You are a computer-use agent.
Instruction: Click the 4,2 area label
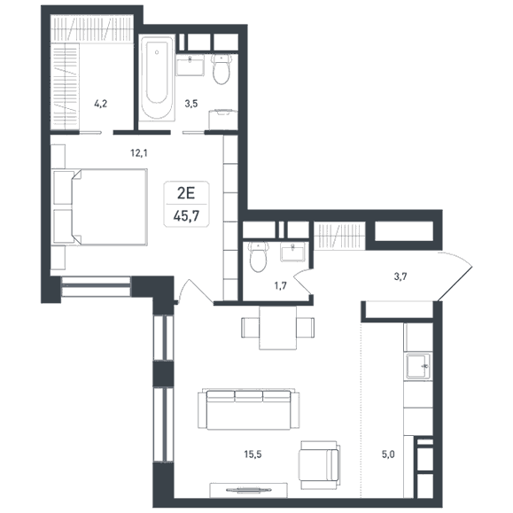[x=100, y=104]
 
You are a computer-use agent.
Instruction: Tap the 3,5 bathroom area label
[x=191, y=104]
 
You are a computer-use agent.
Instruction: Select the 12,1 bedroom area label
[x=139, y=152]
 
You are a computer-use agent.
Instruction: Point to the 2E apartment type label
[x=186, y=193]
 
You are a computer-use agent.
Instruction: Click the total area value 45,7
[x=186, y=216]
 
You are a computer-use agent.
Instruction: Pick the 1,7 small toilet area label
[x=281, y=286]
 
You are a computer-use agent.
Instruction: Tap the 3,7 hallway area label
[x=400, y=277]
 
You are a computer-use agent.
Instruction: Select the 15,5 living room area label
[x=253, y=455]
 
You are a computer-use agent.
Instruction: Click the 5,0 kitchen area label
[x=388, y=455]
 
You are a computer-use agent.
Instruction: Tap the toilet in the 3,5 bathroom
[x=222, y=69]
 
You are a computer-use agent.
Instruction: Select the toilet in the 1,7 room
[x=259, y=257]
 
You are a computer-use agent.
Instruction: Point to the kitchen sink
[x=418, y=367]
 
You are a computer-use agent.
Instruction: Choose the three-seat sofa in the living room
[x=249, y=409]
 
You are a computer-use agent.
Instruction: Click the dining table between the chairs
[x=278, y=328]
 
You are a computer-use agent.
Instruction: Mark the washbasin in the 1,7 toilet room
[x=292, y=252]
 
